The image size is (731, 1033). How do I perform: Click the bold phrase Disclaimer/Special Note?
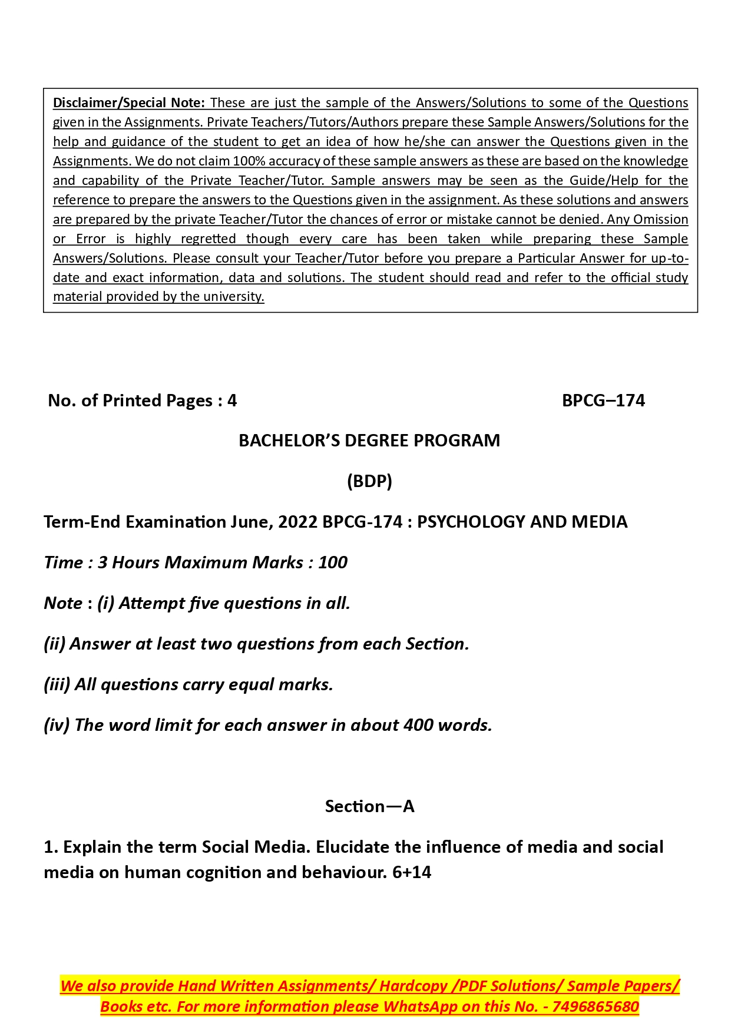click(x=128, y=102)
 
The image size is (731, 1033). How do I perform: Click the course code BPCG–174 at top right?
click(x=603, y=400)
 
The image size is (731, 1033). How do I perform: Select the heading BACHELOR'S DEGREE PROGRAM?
click(x=369, y=441)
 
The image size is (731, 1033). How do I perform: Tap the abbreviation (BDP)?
click(x=369, y=481)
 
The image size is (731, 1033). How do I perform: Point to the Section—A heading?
click(x=369, y=806)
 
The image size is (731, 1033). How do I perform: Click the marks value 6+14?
click(x=412, y=872)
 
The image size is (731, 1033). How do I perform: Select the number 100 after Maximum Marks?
click(x=333, y=562)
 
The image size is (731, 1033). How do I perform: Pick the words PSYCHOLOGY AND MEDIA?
click(x=522, y=522)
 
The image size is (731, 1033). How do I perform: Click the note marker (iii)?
click(x=57, y=684)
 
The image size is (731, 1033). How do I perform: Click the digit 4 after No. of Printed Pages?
click(x=232, y=400)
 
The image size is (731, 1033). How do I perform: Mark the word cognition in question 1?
click(x=223, y=872)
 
